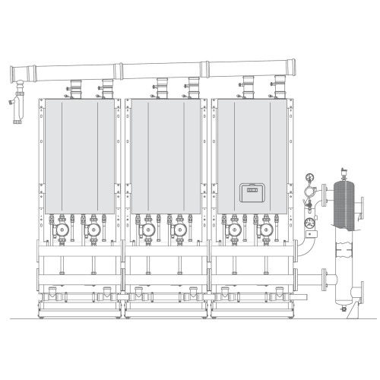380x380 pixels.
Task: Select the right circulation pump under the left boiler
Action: point(93,230)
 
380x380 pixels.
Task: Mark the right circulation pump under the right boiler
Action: point(265,230)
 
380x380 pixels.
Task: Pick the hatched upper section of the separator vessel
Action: point(344,204)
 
